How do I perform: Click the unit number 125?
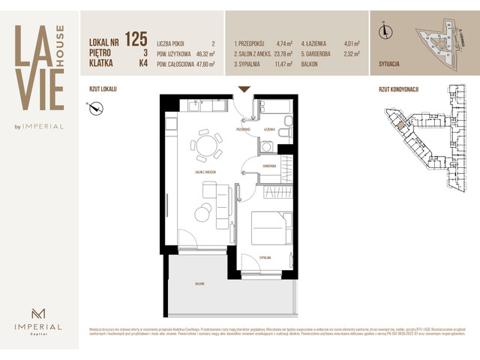point(136,39)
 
